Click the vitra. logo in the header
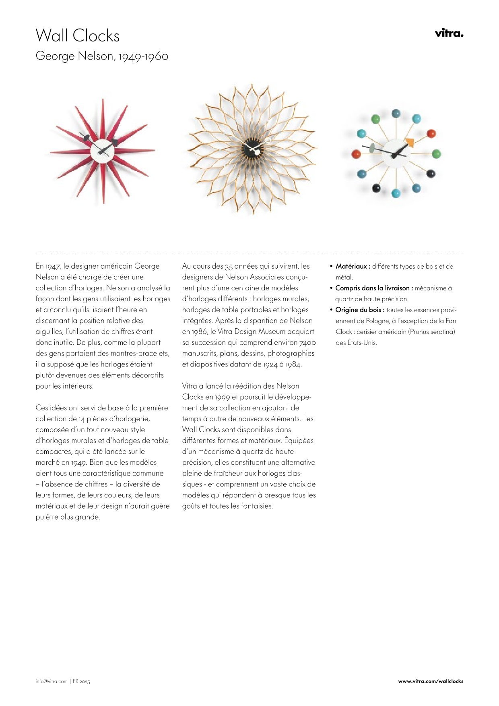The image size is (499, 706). [x=449, y=33]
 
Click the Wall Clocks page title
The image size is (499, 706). [x=78, y=36]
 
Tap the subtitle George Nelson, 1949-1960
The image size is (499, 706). [x=102, y=56]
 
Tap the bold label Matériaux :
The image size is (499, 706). [x=353, y=267]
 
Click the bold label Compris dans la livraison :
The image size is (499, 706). [x=374, y=288]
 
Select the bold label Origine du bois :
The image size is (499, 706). [x=360, y=310]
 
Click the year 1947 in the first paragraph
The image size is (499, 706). [x=53, y=266]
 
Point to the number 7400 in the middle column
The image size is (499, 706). [x=307, y=343]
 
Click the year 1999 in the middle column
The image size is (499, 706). [x=222, y=397]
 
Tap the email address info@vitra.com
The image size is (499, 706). [x=52, y=681]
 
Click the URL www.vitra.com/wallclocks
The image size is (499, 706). [x=431, y=681]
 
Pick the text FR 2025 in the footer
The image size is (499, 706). [x=81, y=681]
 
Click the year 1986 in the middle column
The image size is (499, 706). [x=199, y=332]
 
